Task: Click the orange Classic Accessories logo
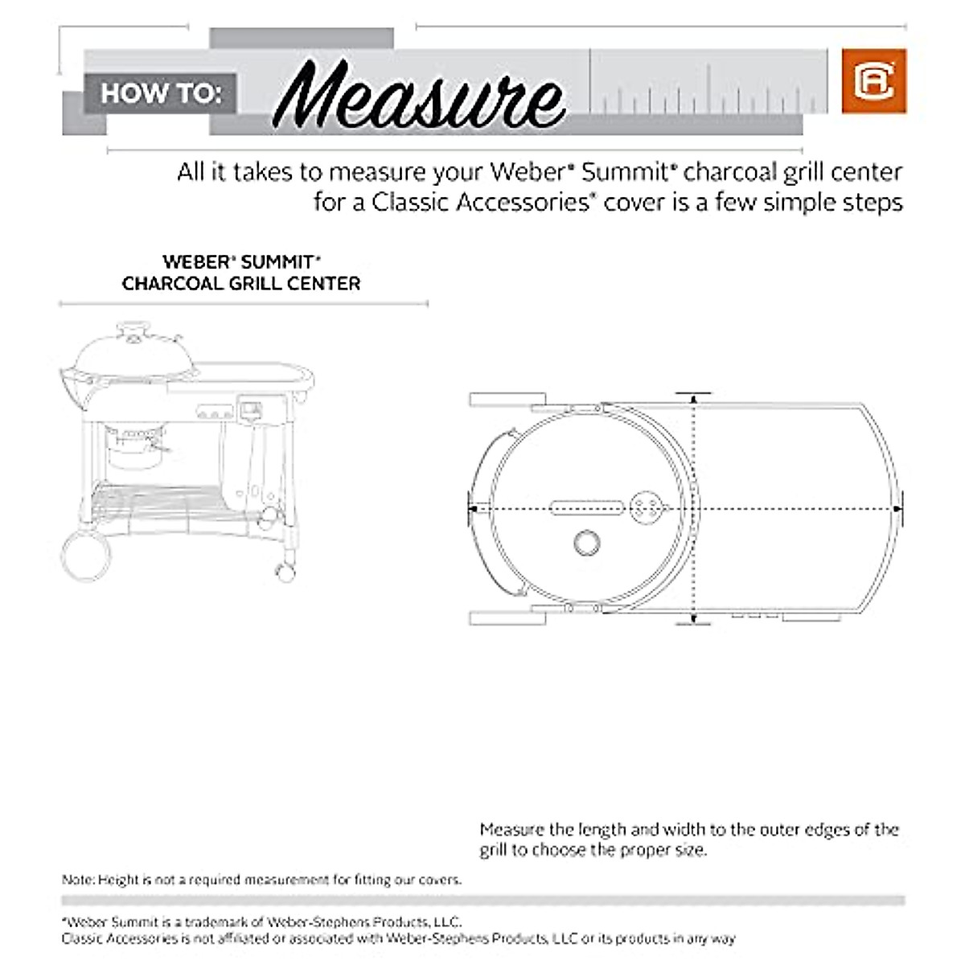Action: pos(873,80)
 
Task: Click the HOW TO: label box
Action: pos(160,93)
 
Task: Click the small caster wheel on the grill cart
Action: pos(285,571)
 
